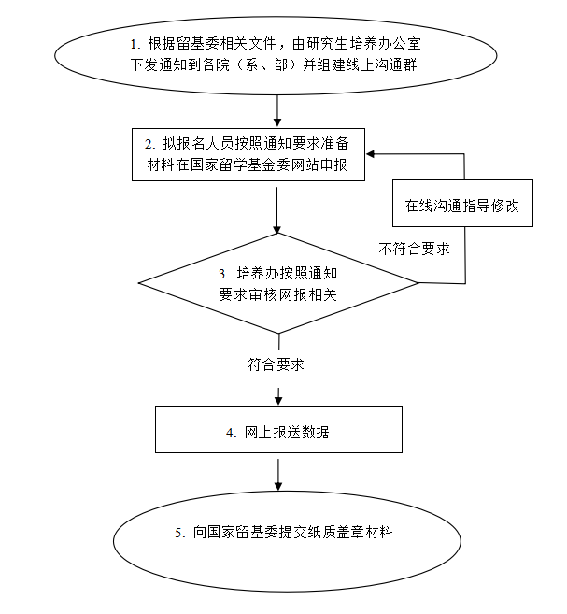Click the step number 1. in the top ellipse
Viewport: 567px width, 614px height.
click(x=135, y=44)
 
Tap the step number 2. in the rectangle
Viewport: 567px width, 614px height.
click(x=149, y=145)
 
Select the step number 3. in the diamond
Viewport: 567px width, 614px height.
click(x=223, y=274)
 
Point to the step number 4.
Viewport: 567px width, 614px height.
click(x=232, y=433)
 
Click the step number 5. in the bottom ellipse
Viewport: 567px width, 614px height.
click(x=180, y=533)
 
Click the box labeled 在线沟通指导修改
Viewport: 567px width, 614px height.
click(x=462, y=203)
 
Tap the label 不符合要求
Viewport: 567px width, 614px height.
click(x=414, y=249)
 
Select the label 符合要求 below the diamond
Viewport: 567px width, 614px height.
click(x=276, y=364)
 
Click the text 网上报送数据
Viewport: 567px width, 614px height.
click(x=287, y=433)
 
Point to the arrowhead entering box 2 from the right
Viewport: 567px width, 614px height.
click(x=370, y=154)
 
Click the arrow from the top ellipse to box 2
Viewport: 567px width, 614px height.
click(x=277, y=111)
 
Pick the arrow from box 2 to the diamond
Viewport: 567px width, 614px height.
click(x=277, y=210)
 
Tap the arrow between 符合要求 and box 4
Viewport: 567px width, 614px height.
click(x=278, y=396)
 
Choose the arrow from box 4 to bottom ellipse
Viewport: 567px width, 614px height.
click(x=278, y=475)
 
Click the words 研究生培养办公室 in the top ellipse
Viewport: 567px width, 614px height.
click(x=364, y=44)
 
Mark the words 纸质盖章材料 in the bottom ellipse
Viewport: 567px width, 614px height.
click(x=350, y=532)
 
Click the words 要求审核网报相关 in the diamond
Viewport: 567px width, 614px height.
click(x=277, y=294)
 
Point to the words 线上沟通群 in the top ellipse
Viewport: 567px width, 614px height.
click(x=381, y=64)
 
